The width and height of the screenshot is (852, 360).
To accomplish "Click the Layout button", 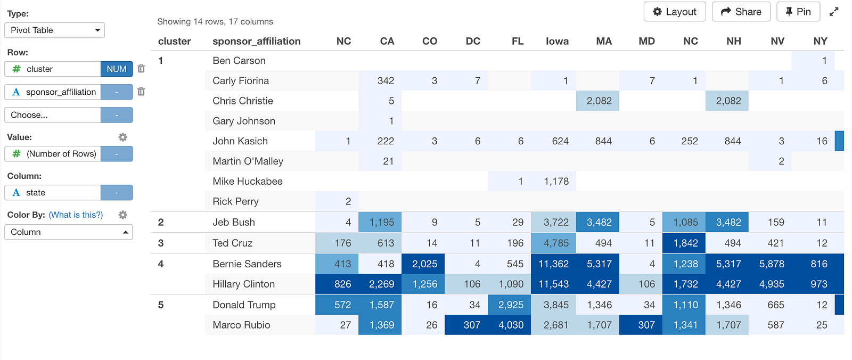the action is [674, 12].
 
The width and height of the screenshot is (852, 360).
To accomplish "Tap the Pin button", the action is [798, 12].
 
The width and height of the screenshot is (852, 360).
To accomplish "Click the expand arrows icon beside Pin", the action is [834, 12].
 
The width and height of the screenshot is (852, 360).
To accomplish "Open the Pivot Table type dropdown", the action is [54, 30].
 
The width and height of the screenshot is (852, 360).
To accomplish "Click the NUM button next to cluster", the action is [117, 69].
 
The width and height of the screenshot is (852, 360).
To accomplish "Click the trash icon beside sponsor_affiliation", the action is [141, 92].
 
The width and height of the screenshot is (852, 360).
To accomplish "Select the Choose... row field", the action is [53, 115].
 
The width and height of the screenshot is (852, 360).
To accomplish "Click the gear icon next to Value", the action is [122, 137].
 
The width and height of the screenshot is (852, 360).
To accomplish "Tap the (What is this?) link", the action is [76, 215].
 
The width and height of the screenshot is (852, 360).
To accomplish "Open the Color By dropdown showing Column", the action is [69, 232].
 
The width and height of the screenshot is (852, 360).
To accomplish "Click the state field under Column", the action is [53, 193].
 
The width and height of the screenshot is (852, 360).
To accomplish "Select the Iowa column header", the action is [557, 41].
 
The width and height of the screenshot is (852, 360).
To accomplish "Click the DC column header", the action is [473, 41].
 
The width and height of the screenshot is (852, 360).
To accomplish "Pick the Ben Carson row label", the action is [239, 61].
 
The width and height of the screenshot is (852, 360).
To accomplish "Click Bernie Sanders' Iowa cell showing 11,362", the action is [553, 264].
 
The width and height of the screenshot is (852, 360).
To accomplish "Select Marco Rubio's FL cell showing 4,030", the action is [509, 325].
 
